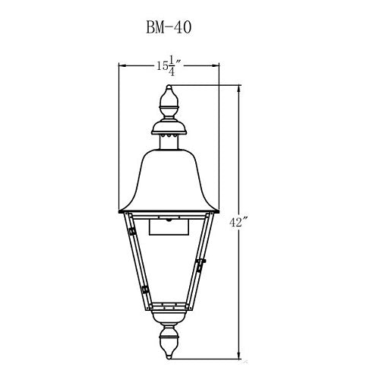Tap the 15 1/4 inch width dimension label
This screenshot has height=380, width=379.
pyautogui.click(x=167, y=67)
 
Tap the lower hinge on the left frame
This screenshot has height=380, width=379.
pyautogui.click(x=144, y=290)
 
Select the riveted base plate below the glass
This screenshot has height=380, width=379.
pyautogui.click(x=169, y=309)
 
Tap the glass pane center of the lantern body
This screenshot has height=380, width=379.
pyautogui.click(x=169, y=266)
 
